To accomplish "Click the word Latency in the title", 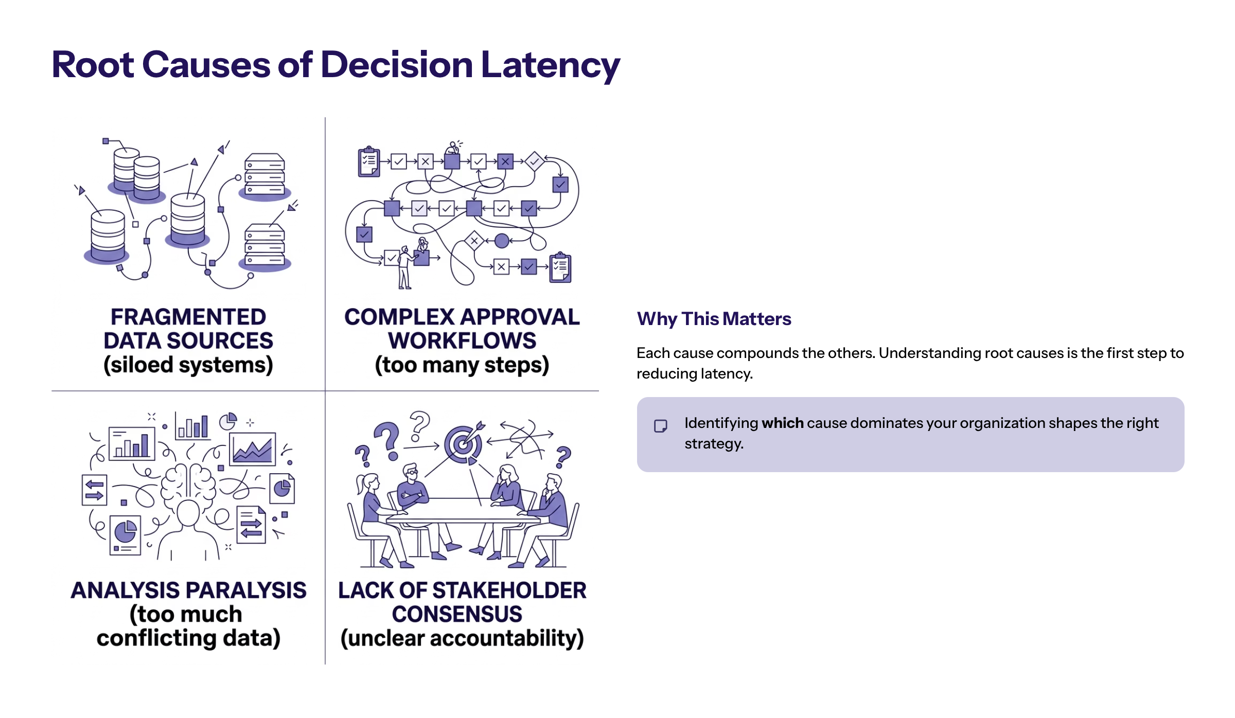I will [x=550, y=65].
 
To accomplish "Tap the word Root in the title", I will [x=93, y=65].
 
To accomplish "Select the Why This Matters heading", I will [x=714, y=319].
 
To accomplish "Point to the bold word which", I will [x=782, y=423].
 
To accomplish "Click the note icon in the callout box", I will [x=660, y=426].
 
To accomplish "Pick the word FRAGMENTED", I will [x=188, y=317].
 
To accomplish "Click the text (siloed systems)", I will [x=188, y=365].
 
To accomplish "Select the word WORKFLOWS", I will [x=462, y=341].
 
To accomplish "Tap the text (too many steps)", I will [x=462, y=365].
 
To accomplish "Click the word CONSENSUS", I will [x=457, y=614].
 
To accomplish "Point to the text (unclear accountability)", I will [x=462, y=638].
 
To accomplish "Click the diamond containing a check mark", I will [x=535, y=161].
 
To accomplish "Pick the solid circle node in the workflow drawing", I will [x=502, y=240].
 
